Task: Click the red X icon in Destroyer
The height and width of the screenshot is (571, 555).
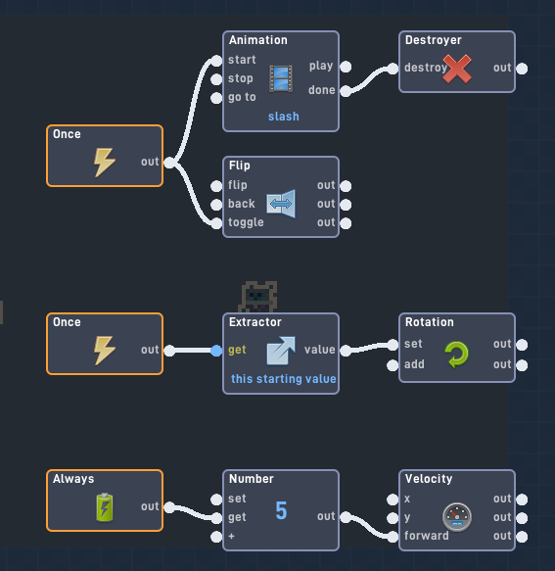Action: [x=457, y=69]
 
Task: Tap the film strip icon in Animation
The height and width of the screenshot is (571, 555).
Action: [x=281, y=78]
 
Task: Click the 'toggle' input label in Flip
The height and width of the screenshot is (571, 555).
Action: [x=246, y=222]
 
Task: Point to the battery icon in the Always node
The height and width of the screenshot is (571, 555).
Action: [x=105, y=507]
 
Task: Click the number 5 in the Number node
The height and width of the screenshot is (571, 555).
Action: [x=281, y=510]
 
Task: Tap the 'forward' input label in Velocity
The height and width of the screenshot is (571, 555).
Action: [x=427, y=536]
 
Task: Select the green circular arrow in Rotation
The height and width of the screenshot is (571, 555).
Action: [x=457, y=354]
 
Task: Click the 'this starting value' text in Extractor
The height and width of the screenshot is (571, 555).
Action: [x=284, y=379]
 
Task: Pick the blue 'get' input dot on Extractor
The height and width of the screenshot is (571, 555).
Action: [x=216, y=350]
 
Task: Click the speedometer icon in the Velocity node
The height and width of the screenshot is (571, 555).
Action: [x=457, y=516]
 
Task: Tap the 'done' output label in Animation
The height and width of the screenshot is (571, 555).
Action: [x=321, y=90]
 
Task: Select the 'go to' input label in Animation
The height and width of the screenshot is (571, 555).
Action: [x=242, y=97]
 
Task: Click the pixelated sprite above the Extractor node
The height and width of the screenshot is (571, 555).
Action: [x=258, y=296]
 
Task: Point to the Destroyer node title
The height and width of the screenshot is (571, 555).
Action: [x=433, y=40]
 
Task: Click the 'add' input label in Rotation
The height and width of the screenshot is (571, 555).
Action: [x=414, y=364]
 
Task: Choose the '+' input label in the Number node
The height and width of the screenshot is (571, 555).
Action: [x=231, y=536]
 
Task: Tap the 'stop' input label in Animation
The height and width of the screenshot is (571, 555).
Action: [x=241, y=78]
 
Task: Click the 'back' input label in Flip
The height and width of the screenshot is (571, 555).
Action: [x=242, y=204]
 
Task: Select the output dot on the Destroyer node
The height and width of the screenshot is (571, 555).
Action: [x=522, y=69]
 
